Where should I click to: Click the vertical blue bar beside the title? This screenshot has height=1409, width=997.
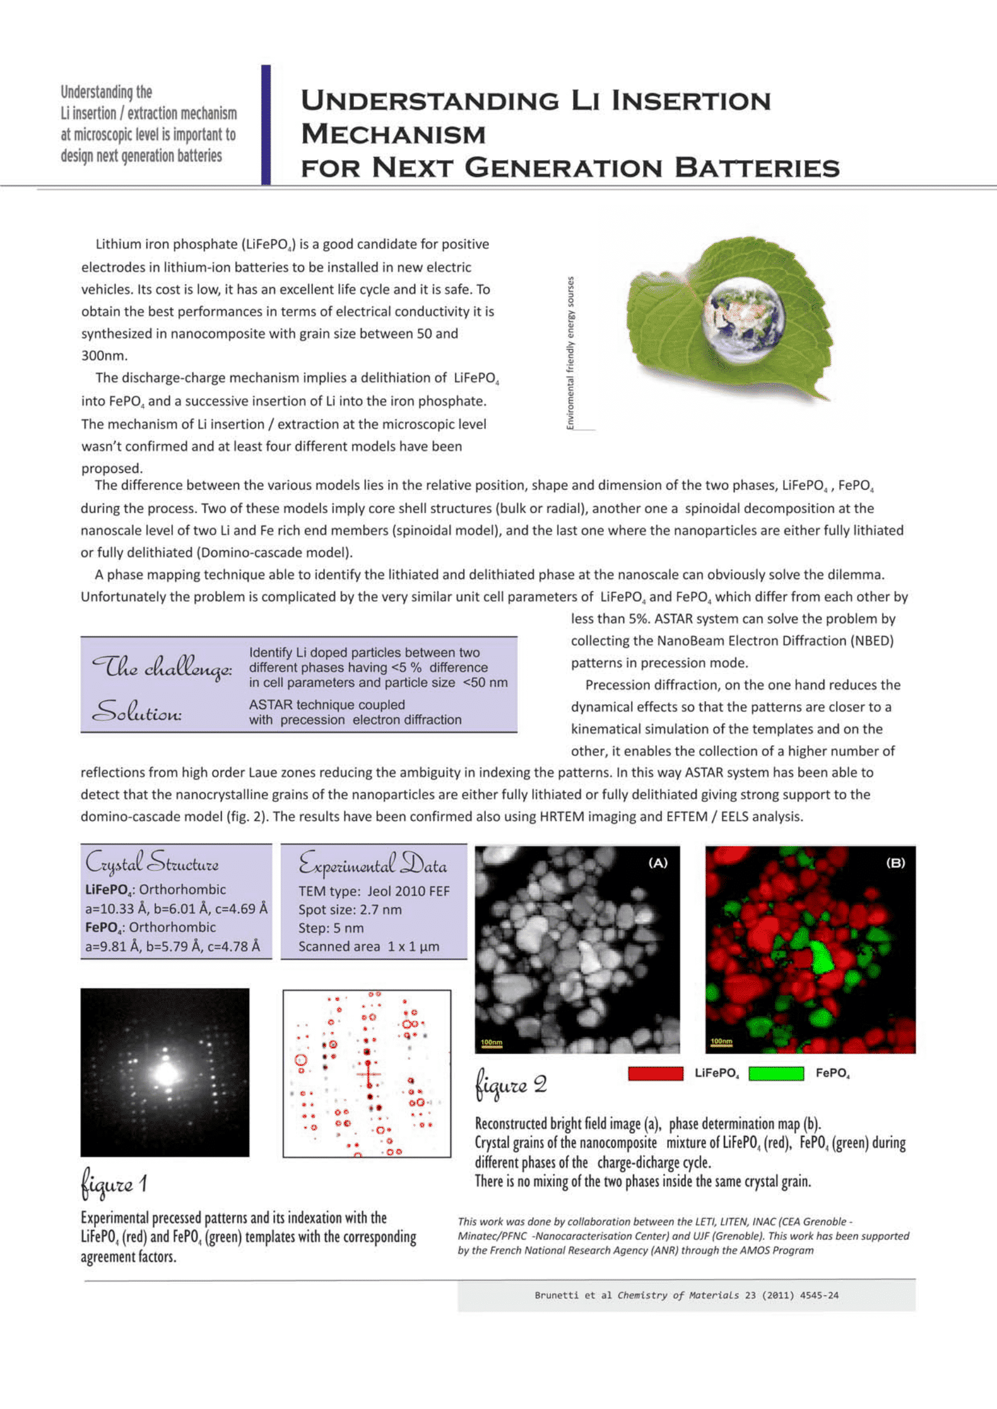tap(266, 125)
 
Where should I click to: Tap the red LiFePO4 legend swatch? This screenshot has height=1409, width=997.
tap(656, 1073)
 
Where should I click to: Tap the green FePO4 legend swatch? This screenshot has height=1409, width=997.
tap(776, 1073)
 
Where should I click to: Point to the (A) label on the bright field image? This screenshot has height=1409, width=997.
tap(658, 863)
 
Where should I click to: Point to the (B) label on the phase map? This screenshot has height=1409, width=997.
tap(895, 863)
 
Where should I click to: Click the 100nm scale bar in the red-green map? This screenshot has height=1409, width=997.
tap(722, 1042)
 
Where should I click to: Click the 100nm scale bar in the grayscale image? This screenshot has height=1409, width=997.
tap(491, 1043)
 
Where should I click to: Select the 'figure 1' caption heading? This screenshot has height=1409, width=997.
tap(114, 1184)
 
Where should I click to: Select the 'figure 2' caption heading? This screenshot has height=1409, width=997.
tap(511, 1086)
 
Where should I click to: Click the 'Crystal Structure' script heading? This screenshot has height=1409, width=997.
tap(152, 862)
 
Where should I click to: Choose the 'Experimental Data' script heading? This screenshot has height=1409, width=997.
tap(372, 864)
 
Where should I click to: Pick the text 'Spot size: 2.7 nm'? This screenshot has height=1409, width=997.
tap(350, 910)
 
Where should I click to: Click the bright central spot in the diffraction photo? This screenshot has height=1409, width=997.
tap(166, 1073)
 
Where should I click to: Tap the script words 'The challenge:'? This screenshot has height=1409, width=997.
tap(162, 667)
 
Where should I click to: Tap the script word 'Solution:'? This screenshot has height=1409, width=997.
tap(136, 712)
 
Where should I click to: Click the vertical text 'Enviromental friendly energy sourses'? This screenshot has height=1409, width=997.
tap(570, 353)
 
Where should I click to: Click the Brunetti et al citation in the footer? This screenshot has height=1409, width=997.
tap(686, 1295)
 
